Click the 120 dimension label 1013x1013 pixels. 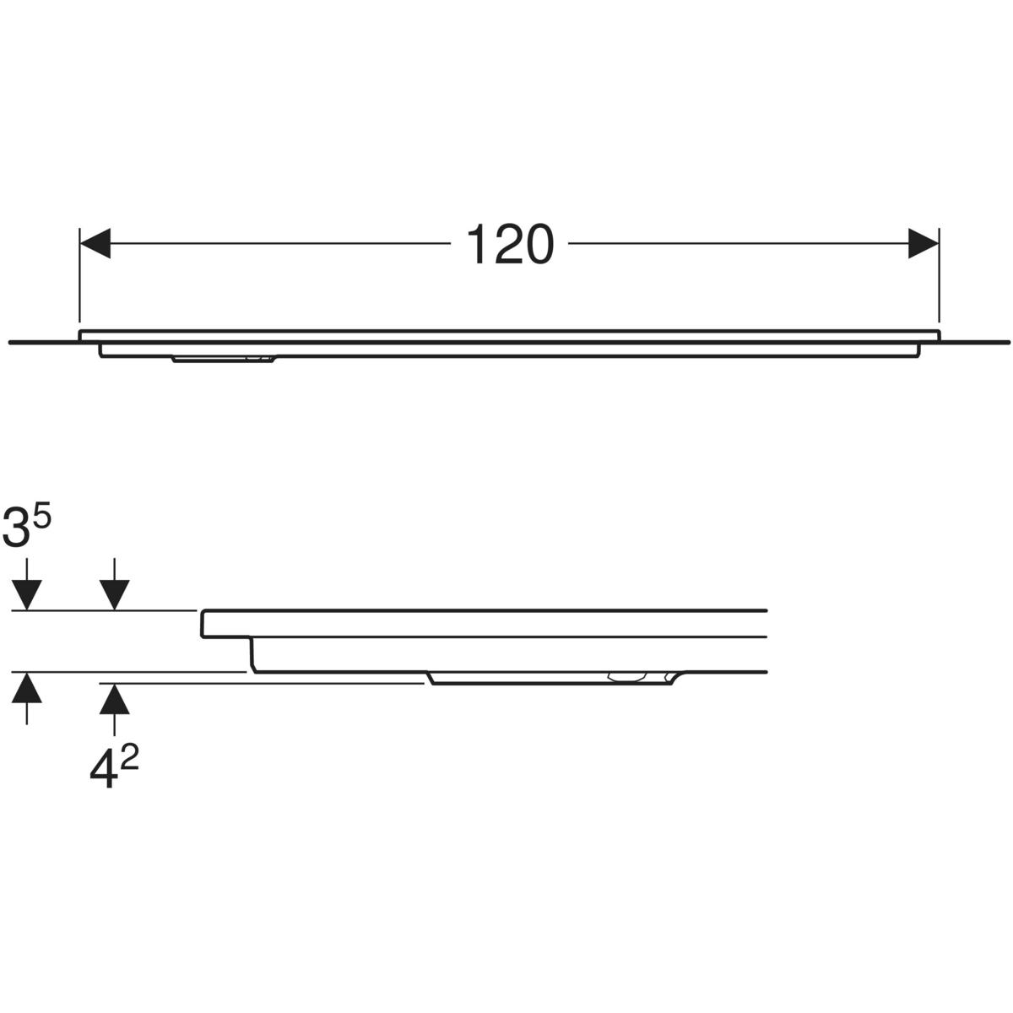pos(509,244)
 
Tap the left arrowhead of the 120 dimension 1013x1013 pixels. pos(95,243)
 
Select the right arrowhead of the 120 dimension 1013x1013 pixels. pos(924,243)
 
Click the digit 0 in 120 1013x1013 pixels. pos(535,244)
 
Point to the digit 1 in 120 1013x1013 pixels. pos(476,244)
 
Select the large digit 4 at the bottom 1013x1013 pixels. pos(103,770)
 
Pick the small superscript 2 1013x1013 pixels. pos(129,760)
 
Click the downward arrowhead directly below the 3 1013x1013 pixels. pos(26,596)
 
